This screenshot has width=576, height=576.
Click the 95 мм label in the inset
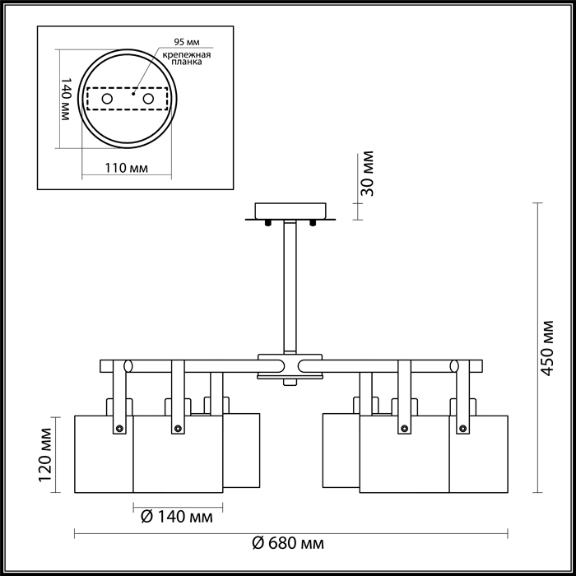[187, 42]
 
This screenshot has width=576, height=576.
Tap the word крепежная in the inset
[187, 55]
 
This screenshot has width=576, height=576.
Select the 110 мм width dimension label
[127, 168]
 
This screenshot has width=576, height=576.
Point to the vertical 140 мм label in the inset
[65, 99]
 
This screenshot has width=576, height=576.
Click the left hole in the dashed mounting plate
[107, 99]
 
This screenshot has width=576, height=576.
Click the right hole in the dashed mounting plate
[148, 99]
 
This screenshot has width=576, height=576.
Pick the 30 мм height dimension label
[367, 174]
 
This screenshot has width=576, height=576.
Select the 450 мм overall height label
[547, 348]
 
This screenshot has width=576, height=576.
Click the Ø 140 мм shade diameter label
[177, 517]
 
